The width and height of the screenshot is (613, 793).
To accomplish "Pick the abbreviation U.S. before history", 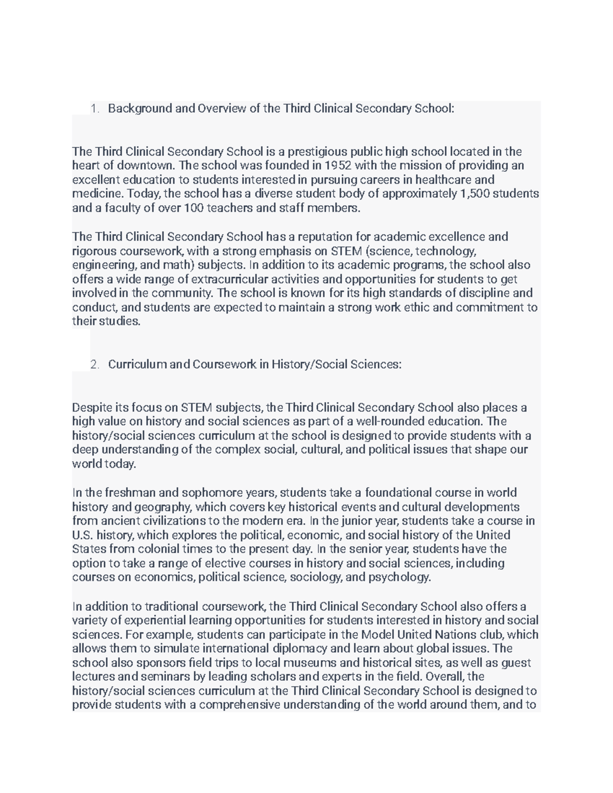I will [82, 535].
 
